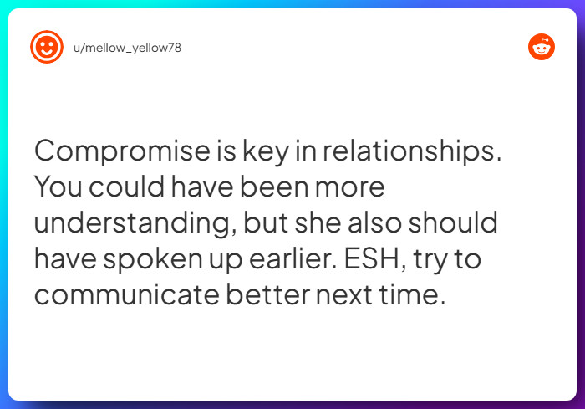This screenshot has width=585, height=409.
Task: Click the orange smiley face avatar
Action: [x=47, y=47]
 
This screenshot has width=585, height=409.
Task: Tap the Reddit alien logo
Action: [x=542, y=47]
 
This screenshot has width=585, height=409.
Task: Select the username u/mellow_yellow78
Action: [x=127, y=48]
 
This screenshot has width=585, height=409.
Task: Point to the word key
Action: [x=266, y=151]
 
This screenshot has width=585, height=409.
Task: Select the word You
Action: [x=58, y=187]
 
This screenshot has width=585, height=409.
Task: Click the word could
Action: [x=126, y=186]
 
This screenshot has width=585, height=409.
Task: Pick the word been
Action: [x=274, y=186]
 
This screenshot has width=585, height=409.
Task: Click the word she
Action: [x=318, y=222]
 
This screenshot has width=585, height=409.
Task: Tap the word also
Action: [x=374, y=222]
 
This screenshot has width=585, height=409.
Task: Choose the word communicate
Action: [x=127, y=294]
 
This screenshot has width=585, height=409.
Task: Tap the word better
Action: [x=268, y=294]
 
